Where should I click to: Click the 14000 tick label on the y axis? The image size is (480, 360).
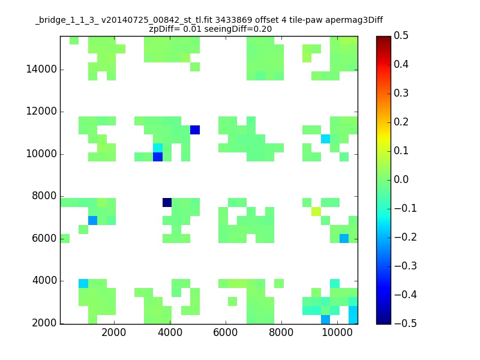pos(41,69)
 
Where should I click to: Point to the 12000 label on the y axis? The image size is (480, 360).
pos(41,111)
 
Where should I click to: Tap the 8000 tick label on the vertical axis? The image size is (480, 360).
pos(44,196)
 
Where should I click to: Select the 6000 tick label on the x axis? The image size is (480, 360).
pos(226,332)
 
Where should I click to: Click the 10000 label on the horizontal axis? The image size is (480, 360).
pos(337,332)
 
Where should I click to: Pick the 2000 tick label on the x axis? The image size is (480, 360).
pos(113,332)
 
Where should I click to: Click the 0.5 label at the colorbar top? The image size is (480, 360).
pos(401,35)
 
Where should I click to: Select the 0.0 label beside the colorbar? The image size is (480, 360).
pos(401,179)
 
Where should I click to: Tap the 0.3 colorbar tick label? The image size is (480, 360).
pos(401,93)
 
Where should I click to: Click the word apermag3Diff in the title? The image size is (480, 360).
pos(354,20)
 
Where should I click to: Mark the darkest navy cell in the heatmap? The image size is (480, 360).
pos(167,202)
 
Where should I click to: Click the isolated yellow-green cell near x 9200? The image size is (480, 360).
pos(316,211)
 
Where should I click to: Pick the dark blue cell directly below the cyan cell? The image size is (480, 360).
pos(158,157)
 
